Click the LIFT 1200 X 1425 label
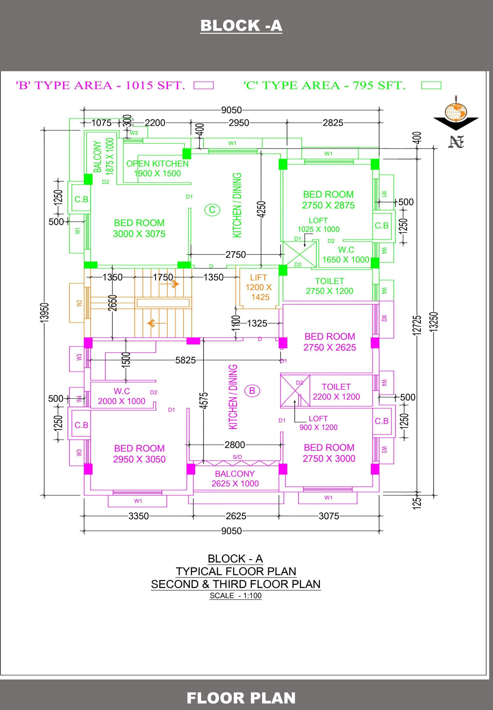coord(259,287)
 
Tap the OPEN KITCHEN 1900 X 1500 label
coord(157,168)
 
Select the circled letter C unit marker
coord(212,210)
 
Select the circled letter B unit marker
coord(252,391)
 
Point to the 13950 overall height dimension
coord(45,313)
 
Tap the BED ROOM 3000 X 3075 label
coord(139,228)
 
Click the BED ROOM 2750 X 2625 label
coord(330,342)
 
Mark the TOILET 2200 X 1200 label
coord(336,392)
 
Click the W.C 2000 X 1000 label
coord(122,396)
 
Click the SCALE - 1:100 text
coord(235,596)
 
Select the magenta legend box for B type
coord(204,85)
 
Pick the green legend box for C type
coord(431,85)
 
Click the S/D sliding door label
coord(237,457)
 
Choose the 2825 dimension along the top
coord(333,123)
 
